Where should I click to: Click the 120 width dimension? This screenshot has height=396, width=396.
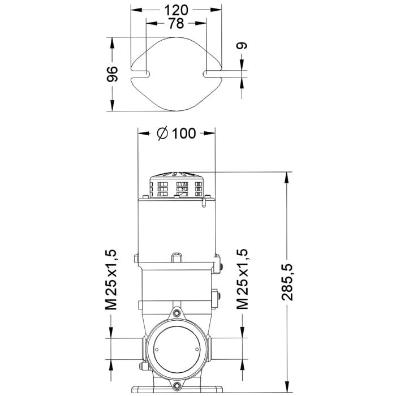click(176, 10)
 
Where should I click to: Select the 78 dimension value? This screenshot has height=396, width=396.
click(176, 24)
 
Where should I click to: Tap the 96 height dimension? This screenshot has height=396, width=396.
click(112, 74)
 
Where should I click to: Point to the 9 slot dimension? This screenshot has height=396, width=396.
click(242, 46)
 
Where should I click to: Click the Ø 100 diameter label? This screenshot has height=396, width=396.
click(177, 134)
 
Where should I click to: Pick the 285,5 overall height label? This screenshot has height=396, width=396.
click(287, 282)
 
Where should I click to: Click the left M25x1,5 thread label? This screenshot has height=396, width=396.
click(111, 279)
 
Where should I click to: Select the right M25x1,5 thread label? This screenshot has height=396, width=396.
click(242, 279)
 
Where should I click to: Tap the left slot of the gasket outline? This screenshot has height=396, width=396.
click(140, 74)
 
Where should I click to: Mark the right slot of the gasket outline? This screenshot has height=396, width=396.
click(212, 73)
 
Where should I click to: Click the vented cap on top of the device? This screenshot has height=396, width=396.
click(177, 184)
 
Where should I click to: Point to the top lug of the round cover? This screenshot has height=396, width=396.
click(177, 313)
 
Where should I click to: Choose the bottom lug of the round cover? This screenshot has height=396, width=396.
click(177, 386)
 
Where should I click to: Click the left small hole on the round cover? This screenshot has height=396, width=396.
click(157, 350)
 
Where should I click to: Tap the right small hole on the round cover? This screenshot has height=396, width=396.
click(197, 350)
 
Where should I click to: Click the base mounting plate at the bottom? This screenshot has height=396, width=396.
click(177, 389)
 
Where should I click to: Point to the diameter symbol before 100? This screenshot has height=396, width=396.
click(162, 134)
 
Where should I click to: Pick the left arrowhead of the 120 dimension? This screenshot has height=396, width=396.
click(136, 10)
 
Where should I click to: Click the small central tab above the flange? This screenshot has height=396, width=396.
click(177, 257)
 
